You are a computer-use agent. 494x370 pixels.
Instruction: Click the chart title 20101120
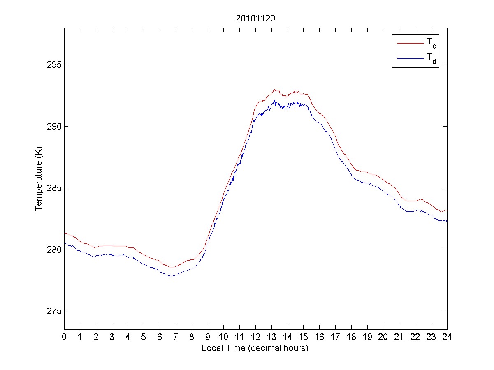click(x=255, y=18)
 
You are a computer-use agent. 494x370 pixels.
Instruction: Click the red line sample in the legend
click(x=410, y=43)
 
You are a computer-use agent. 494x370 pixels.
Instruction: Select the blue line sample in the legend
click(x=410, y=59)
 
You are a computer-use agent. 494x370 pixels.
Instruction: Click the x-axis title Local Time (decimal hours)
click(x=255, y=348)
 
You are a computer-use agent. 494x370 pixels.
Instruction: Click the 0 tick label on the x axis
click(x=64, y=337)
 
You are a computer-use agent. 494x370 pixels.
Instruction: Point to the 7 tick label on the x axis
click(x=176, y=337)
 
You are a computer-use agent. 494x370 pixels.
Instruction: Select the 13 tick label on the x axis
click(x=271, y=337)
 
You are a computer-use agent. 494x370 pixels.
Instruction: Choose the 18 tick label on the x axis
click(x=351, y=337)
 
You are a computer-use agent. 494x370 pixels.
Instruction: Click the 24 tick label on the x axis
click(x=447, y=337)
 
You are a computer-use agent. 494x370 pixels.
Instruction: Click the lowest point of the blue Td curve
click(x=171, y=276)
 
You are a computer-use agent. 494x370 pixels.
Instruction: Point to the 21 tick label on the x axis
click(x=399, y=337)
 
